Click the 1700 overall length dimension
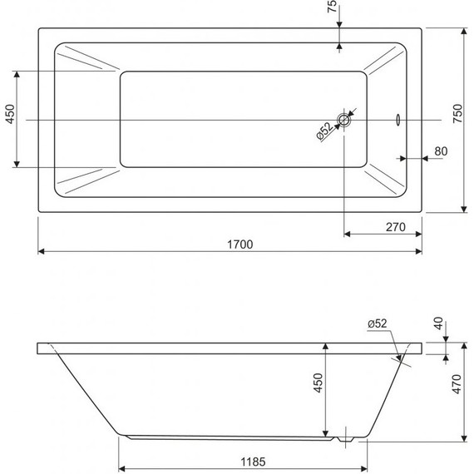[239, 244]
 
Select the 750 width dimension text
[458, 113]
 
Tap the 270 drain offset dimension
[395, 227]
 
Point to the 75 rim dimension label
[332, 6]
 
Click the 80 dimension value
[441, 151]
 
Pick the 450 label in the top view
[10, 114]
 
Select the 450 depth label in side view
[318, 383]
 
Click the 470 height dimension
[457, 384]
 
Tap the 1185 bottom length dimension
[253, 462]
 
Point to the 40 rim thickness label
[438, 323]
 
